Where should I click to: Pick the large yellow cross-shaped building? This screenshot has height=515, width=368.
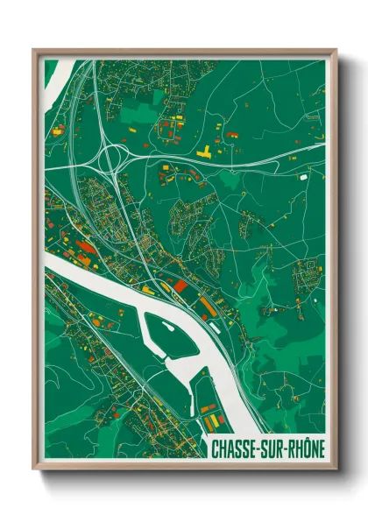click(x=204, y=152)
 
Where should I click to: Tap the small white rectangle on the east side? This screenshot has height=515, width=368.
click(x=303, y=177)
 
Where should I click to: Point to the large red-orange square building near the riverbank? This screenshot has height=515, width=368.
click(x=180, y=285)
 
